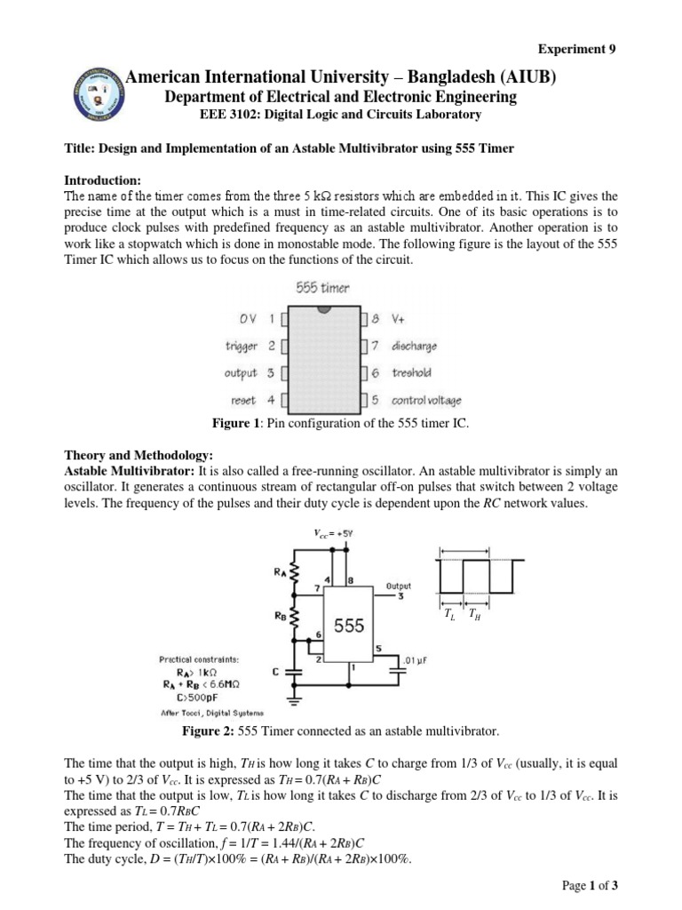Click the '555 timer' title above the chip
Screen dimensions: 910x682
point(322,288)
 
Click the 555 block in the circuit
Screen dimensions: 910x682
point(349,626)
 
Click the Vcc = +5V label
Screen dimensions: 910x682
point(332,533)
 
